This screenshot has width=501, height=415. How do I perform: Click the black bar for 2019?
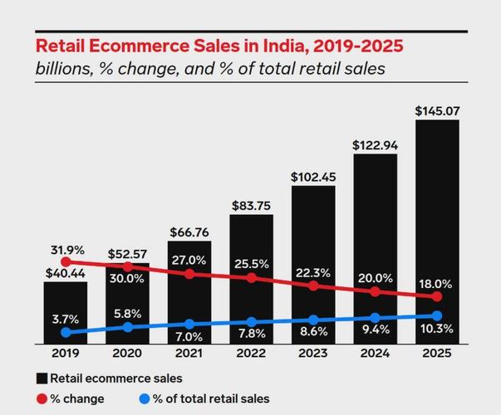[x=65, y=311]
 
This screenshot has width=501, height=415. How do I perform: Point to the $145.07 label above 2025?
[x=437, y=109]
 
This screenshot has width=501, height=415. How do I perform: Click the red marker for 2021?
[x=189, y=273]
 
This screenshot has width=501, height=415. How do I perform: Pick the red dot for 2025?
[x=438, y=296]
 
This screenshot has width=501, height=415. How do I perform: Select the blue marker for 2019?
[x=66, y=333]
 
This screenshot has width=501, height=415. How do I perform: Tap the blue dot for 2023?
[x=314, y=320]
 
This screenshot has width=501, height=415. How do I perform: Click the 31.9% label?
[x=65, y=248]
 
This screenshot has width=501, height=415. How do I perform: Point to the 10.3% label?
[x=437, y=331]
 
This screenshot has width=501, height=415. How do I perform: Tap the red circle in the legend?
[x=41, y=398]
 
